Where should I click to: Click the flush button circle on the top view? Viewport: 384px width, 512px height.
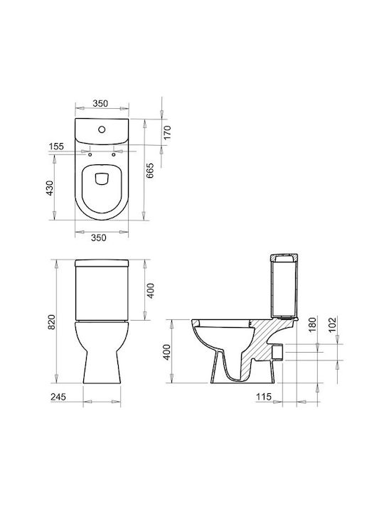[x=102, y=129]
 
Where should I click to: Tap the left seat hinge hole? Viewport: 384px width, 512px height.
[x=90, y=154]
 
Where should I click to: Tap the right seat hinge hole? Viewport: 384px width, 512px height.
[x=114, y=154]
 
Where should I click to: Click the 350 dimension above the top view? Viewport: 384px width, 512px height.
[x=100, y=103]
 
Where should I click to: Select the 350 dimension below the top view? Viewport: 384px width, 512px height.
[x=99, y=238]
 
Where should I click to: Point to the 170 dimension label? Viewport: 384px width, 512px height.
[x=167, y=132]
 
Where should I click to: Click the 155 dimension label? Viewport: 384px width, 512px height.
[x=56, y=146]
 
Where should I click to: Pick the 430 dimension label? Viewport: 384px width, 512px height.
[x=49, y=188]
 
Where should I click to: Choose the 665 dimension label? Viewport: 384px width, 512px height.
[x=149, y=171]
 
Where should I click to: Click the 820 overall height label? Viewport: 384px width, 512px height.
[x=52, y=322]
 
